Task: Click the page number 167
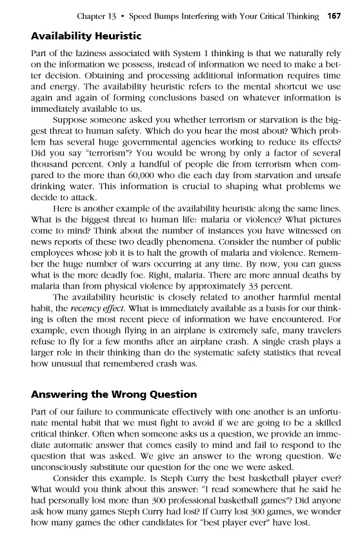pos(335,15)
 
